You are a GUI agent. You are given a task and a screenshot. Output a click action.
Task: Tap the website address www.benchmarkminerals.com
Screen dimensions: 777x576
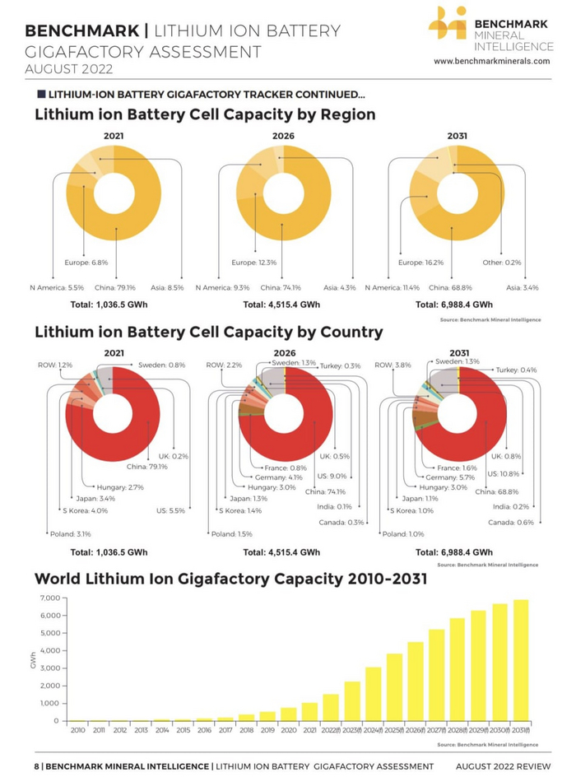click(491, 61)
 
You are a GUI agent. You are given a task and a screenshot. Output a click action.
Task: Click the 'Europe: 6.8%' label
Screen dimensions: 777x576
click(86, 263)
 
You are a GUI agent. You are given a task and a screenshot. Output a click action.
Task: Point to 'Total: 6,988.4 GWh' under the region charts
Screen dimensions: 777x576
click(454, 304)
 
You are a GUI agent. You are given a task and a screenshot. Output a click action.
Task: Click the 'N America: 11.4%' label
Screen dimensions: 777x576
click(392, 287)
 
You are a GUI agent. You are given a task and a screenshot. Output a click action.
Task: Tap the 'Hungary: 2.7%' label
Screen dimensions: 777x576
click(120, 487)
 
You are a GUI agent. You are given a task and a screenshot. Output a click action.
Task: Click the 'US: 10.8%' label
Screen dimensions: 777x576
click(505, 474)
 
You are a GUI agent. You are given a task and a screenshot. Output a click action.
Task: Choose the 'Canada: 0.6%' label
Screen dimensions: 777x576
click(511, 523)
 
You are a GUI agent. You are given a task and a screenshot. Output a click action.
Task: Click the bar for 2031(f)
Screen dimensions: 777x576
click(521, 660)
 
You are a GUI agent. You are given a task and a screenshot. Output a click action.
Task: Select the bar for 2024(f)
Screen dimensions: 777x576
click(373, 694)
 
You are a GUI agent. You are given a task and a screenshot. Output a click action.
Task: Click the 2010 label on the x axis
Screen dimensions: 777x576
click(78, 730)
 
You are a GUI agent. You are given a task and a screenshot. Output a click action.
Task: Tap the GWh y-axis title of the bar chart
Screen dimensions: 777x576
click(34, 660)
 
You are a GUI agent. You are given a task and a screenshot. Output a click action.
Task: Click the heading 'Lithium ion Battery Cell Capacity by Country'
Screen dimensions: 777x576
click(208, 333)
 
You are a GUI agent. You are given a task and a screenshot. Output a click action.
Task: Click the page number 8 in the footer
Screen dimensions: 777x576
click(36, 766)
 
